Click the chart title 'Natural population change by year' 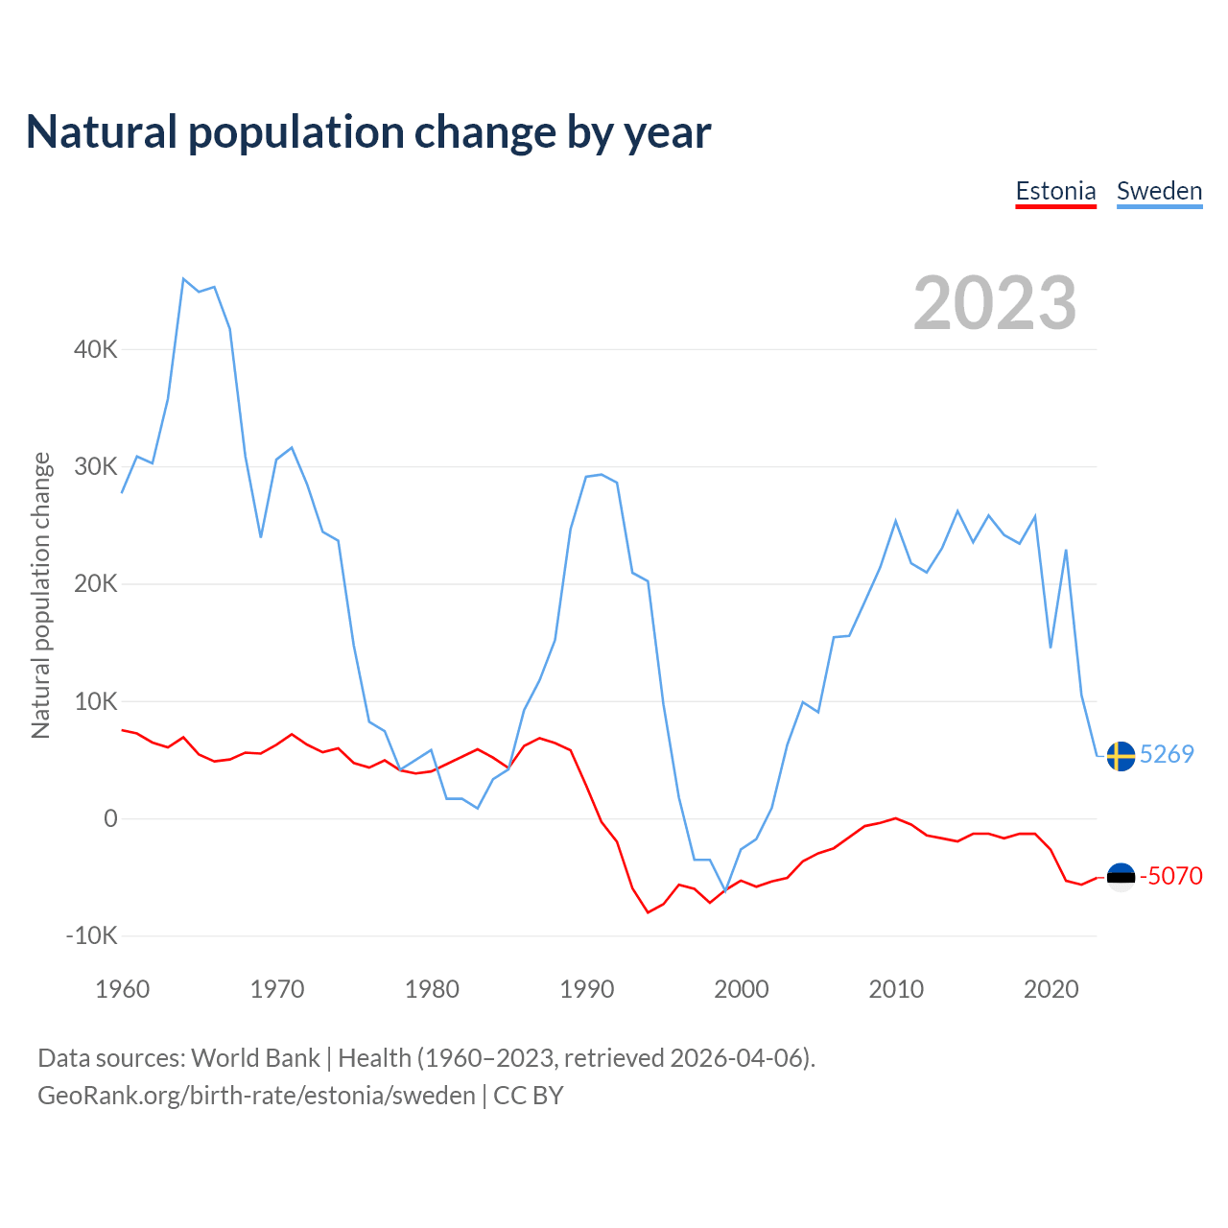(x=368, y=132)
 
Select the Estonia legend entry (x=1055, y=191)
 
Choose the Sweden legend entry (x=1159, y=191)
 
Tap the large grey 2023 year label (x=995, y=303)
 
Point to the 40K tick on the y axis (x=96, y=349)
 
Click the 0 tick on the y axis (x=110, y=818)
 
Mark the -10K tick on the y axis (x=92, y=935)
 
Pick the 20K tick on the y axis (x=96, y=584)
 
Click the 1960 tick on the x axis (x=123, y=989)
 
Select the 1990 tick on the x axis (x=586, y=989)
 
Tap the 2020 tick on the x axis (x=1051, y=989)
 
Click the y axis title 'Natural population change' (x=41, y=595)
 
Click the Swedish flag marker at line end (x=1121, y=756)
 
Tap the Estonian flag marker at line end (x=1121, y=876)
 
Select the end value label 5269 (x=1167, y=754)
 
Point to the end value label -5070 (x=1170, y=876)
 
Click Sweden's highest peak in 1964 (x=183, y=279)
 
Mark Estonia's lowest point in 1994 (x=649, y=911)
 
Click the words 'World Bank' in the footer (x=255, y=1058)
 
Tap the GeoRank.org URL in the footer (x=256, y=1096)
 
